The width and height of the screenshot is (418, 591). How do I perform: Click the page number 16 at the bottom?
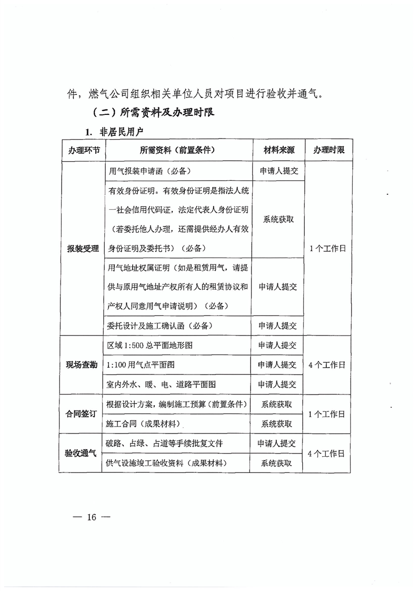click(x=92, y=517)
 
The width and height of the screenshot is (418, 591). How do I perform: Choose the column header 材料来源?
click(x=279, y=150)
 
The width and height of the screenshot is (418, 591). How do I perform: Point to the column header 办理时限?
click(x=329, y=150)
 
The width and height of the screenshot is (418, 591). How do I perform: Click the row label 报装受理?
click(x=83, y=248)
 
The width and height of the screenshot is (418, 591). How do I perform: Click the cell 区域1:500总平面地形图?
click(x=150, y=345)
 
